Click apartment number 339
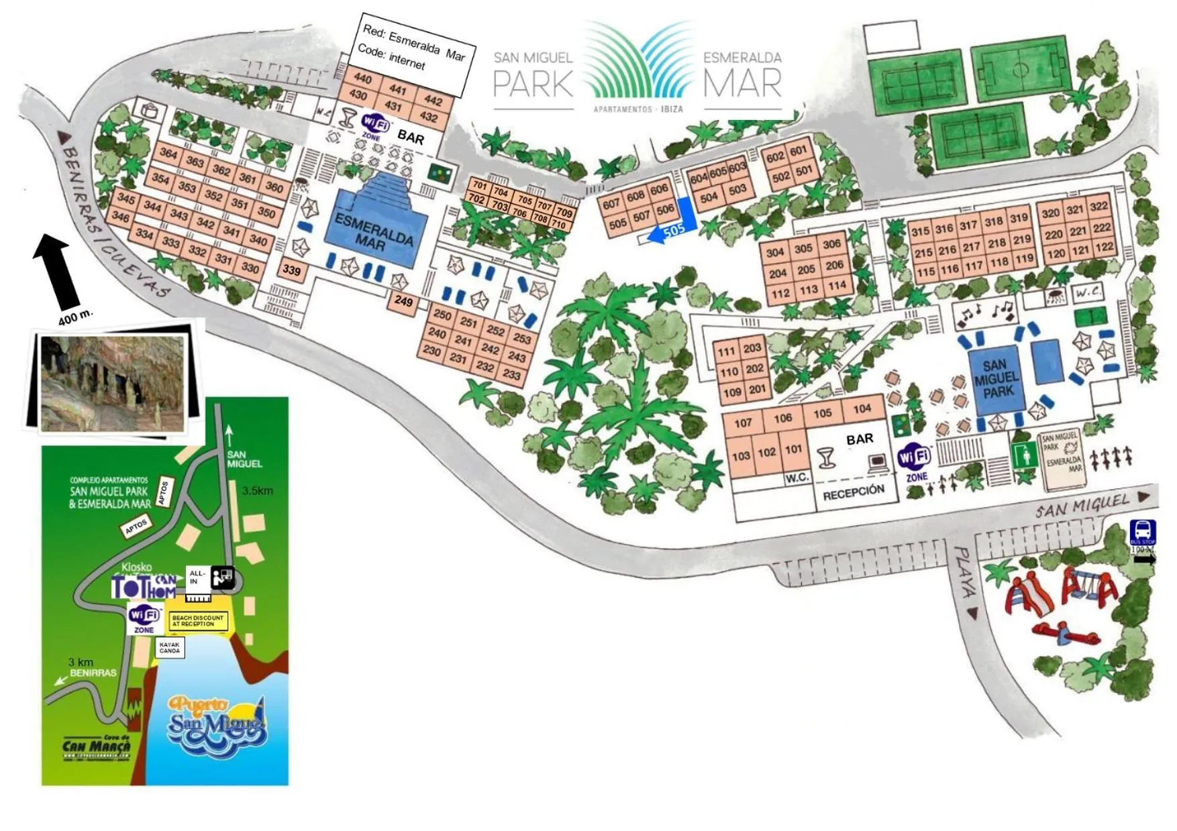coord(291,270)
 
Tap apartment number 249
coord(403,301)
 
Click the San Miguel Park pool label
coord(996,378)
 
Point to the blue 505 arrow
coord(669,231)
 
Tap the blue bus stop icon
coord(1142,532)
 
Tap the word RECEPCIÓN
coord(853,492)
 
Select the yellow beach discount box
coord(198,621)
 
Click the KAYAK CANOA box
coord(170,648)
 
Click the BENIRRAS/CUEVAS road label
coord(114,221)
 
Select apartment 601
coord(798,151)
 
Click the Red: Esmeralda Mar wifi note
coord(413,52)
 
